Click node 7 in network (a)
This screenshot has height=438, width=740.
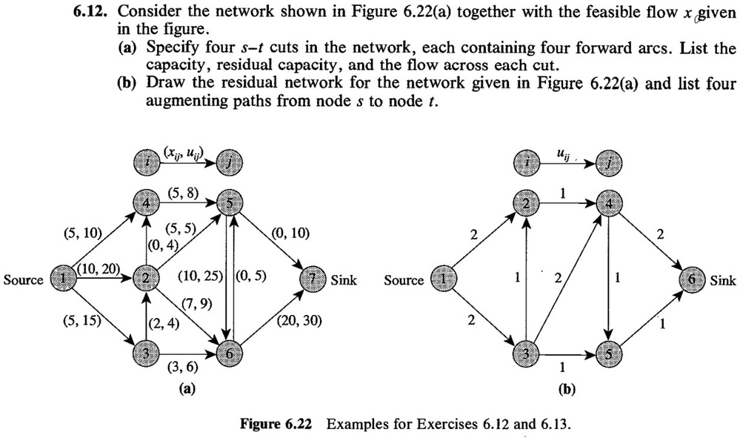pyautogui.click(x=313, y=280)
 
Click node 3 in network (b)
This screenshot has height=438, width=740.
pyautogui.click(x=526, y=354)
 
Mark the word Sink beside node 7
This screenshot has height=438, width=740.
pyautogui.click(x=344, y=281)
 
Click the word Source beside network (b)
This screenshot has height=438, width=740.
pyautogui.click(x=404, y=281)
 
